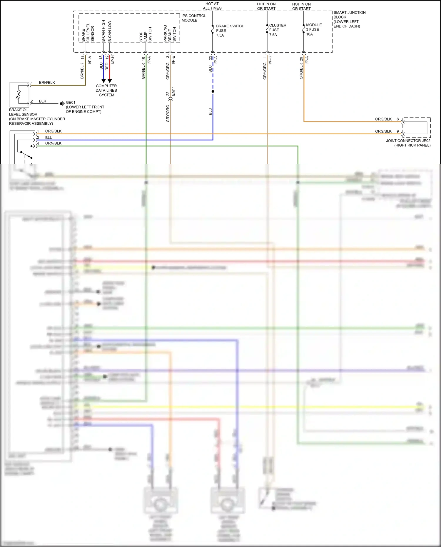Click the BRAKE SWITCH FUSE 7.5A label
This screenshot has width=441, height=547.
(x=230, y=31)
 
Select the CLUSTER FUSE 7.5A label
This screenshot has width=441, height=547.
(x=277, y=30)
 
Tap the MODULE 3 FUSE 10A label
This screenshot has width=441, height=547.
(x=314, y=29)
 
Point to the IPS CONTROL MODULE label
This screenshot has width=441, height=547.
(x=193, y=18)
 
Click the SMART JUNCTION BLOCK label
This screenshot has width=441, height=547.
(x=349, y=19)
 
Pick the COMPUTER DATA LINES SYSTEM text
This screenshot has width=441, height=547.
(x=106, y=91)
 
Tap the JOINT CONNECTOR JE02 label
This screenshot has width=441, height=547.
(x=408, y=143)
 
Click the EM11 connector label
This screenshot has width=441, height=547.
(x=173, y=91)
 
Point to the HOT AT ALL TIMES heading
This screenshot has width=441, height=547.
(x=212, y=6)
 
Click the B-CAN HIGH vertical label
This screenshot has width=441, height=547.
(x=103, y=31)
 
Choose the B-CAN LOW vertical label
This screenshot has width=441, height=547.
(x=110, y=31)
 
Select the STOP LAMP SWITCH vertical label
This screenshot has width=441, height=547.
(x=146, y=35)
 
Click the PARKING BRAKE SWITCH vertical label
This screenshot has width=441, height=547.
(x=170, y=33)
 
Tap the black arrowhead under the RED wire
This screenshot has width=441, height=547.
(x=110, y=81)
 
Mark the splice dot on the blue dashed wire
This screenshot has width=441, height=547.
(x=213, y=91)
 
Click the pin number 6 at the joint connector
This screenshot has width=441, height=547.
(x=398, y=119)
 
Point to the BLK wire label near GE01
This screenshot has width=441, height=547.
(x=43, y=101)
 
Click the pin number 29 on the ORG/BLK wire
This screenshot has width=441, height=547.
(x=301, y=59)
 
